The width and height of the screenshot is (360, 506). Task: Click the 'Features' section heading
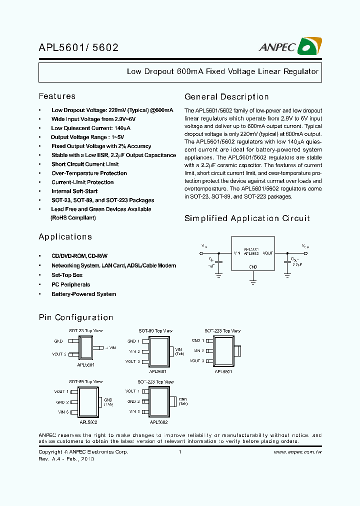point(57,96)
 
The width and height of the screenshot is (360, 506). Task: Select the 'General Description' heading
point(226,97)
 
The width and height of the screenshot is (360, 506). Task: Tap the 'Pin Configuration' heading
point(76,317)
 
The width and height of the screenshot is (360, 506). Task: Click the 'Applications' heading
point(65,236)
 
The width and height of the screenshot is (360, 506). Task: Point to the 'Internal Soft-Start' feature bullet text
point(74,191)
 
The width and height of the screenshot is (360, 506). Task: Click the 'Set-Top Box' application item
point(67,275)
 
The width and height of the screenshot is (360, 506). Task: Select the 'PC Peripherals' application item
point(70,284)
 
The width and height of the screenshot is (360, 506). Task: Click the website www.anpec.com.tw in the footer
point(297,452)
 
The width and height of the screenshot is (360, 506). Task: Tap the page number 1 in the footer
point(179,452)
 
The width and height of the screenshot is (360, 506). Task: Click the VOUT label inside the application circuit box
point(268,253)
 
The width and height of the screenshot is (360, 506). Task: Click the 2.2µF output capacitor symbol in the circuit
point(287,261)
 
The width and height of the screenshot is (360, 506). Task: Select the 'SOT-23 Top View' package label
point(86,331)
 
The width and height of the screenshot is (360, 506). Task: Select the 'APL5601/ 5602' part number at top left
point(78,48)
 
